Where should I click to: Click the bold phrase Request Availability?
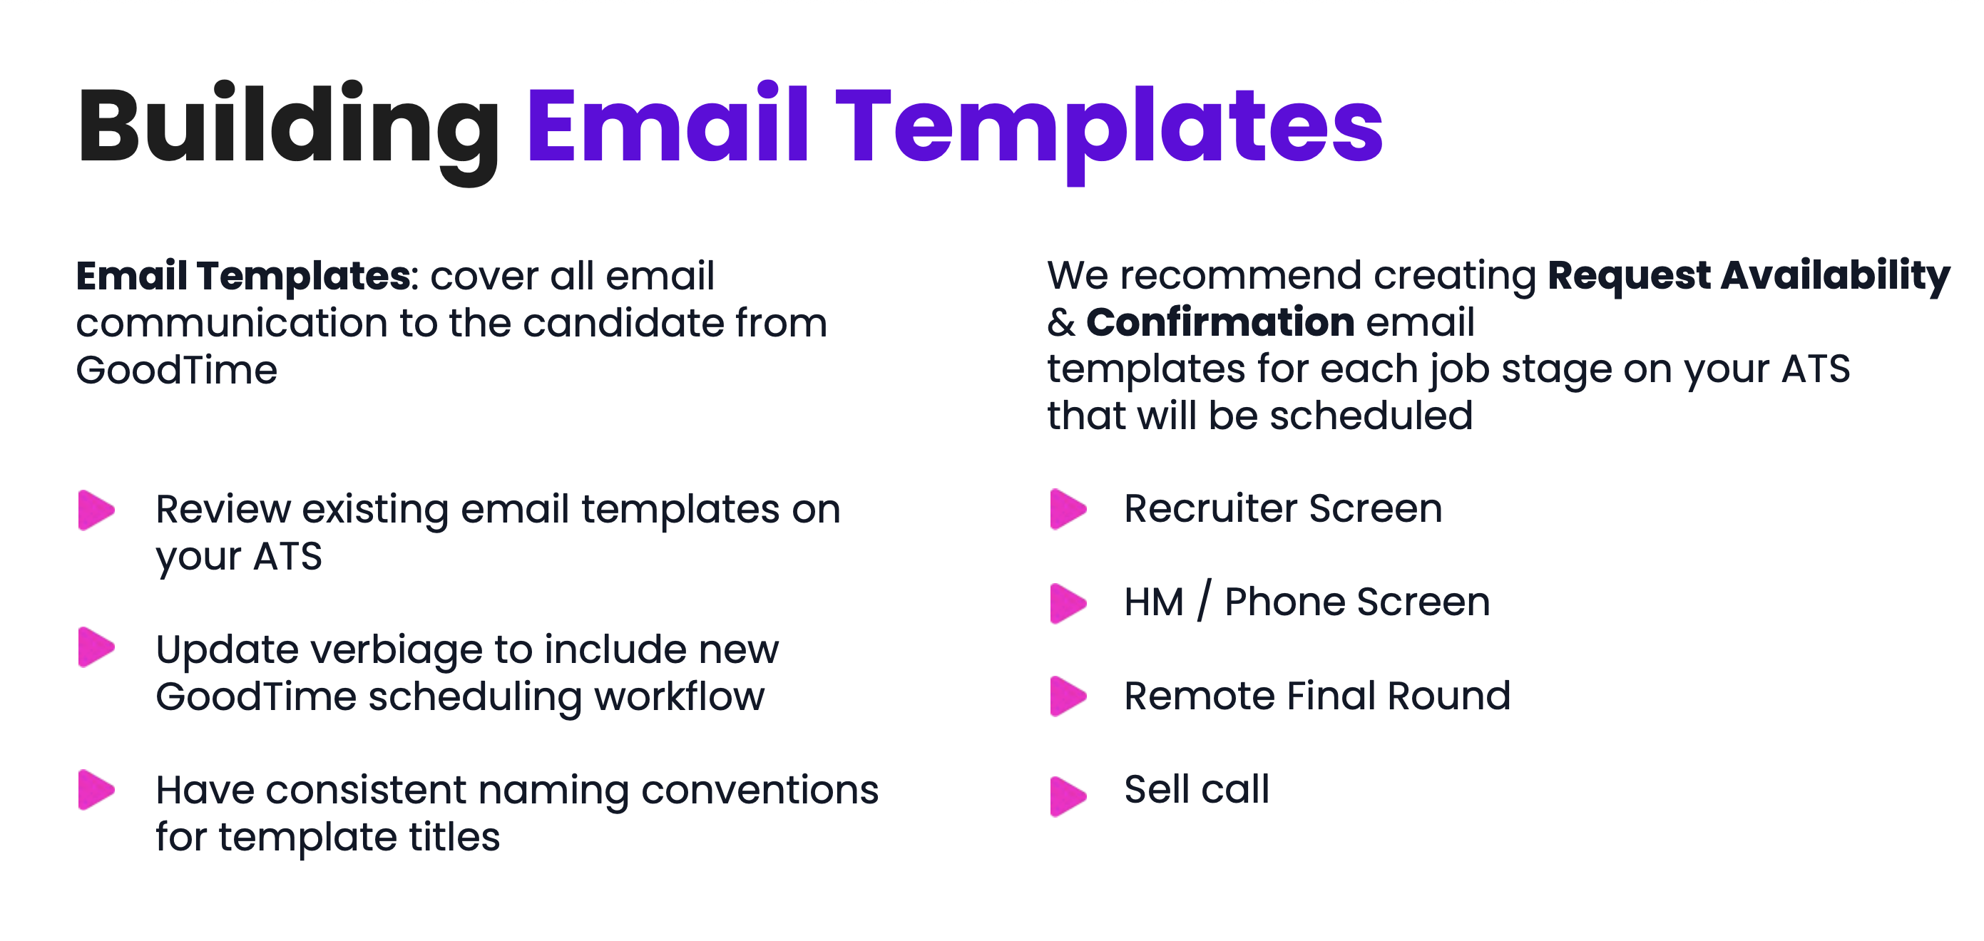[x=1749, y=277]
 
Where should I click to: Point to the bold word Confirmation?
[x=1220, y=322]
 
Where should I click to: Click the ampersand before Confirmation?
[x=1060, y=323]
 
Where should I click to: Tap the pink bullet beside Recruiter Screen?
[x=1068, y=509]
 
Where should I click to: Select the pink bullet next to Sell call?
[x=1068, y=796]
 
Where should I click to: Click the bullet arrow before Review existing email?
[x=96, y=510]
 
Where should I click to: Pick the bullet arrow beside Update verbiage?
[x=96, y=647]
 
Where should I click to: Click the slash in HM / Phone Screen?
[x=1204, y=601]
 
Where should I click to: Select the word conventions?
[x=760, y=791]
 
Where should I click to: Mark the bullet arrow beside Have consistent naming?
[x=96, y=789]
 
